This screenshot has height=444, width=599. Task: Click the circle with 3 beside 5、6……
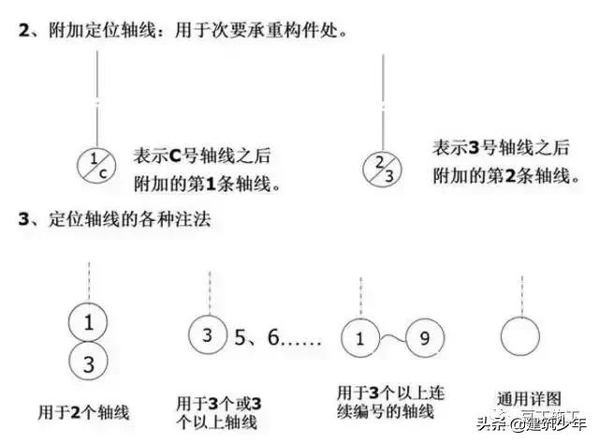pos(209,334)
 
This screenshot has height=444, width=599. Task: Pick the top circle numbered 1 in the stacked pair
pos(88,323)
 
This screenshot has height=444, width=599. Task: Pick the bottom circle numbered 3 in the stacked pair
pos(88,363)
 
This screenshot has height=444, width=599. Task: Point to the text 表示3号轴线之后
pos(501,148)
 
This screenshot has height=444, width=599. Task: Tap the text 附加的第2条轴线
pos(501,175)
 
